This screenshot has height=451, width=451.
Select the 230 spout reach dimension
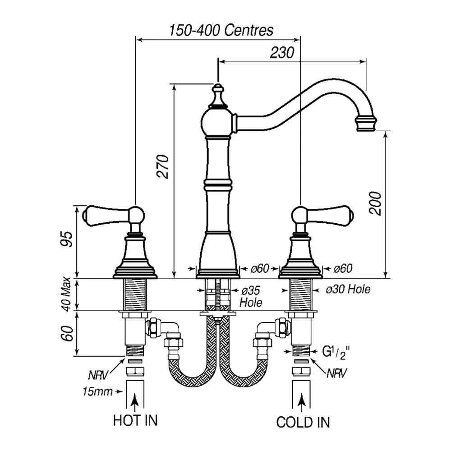tap(282, 52)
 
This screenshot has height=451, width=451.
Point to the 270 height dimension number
tap(162, 166)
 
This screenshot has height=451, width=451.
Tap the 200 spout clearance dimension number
tap(375, 203)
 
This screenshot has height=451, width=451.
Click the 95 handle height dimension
tap(66, 239)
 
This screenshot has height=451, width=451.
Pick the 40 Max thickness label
tap(66, 294)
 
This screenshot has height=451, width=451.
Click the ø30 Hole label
tap(348, 289)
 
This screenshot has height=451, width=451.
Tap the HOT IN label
tap(135, 420)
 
